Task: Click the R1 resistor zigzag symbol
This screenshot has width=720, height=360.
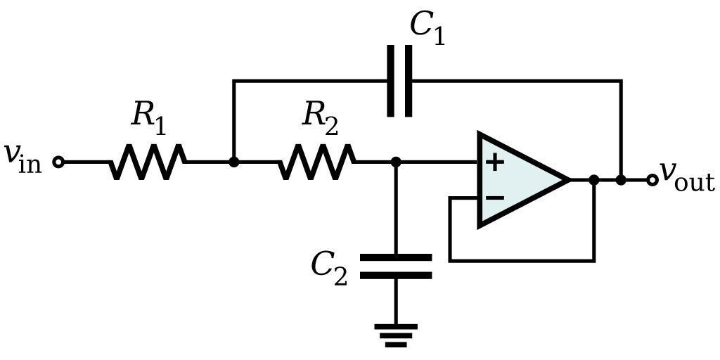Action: point(148,162)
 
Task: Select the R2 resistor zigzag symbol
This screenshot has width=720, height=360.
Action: point(316,162)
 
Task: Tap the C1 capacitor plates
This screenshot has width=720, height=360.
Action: point(399,81)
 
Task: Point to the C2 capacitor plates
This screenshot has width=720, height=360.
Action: point(396,266)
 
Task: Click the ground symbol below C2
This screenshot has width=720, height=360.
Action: point(396,335)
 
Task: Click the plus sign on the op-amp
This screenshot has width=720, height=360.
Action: point(495,162)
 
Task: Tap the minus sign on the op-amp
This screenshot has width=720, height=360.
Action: point(495,198)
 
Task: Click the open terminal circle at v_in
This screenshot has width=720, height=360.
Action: point(59,162)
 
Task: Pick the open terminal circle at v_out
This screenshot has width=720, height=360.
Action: point(652,180)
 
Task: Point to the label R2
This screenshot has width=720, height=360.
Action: point(320,117)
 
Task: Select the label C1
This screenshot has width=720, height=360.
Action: point(427,28)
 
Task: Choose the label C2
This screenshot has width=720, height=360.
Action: point(329,268)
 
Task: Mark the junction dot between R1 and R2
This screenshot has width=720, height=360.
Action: point(234,162)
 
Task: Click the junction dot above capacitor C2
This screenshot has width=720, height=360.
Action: point(396,162)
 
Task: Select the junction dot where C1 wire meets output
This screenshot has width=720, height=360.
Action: point(621,180)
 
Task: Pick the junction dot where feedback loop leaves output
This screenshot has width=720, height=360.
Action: point(594,180)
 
